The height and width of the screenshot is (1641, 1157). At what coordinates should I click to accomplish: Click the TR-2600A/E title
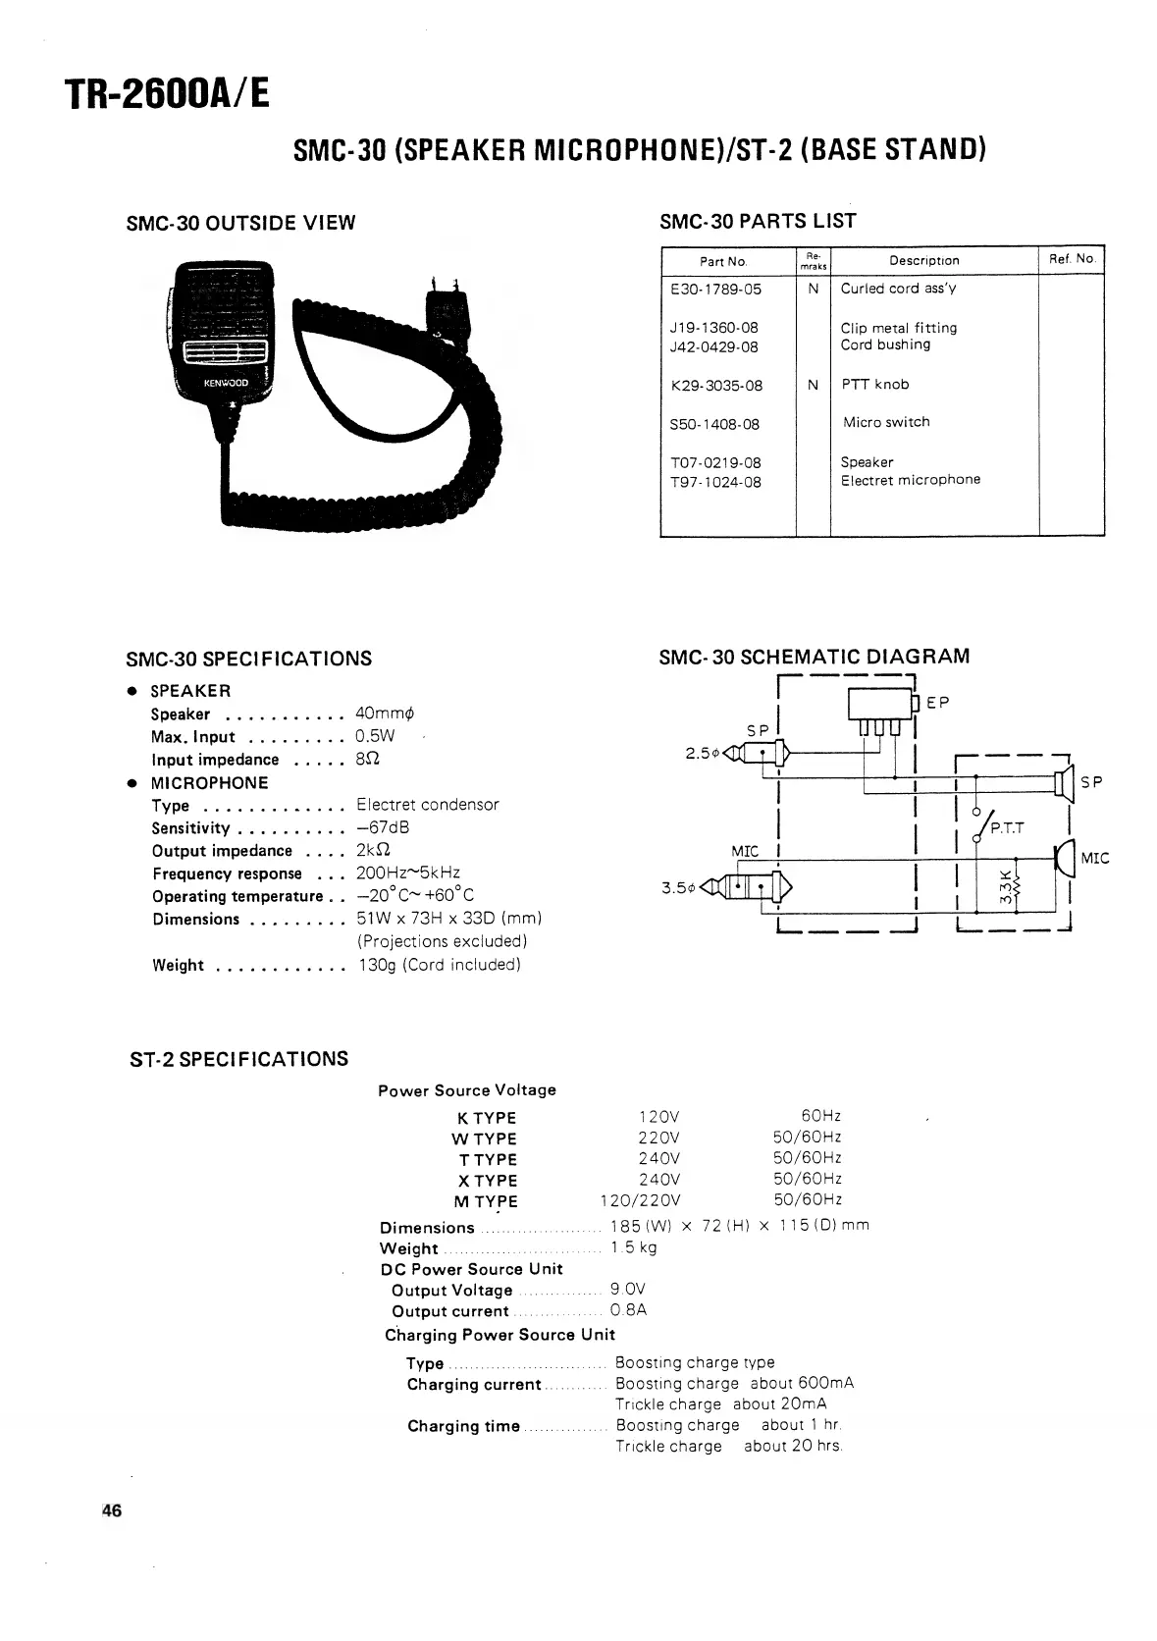point(166,93)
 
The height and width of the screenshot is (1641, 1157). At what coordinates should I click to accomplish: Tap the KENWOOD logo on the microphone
point(226,382)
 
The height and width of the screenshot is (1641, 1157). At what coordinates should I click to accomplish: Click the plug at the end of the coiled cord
point(444,312)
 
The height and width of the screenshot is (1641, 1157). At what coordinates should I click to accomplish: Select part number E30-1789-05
point(715,290)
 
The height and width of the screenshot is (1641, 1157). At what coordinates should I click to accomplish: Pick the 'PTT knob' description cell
point(875,385)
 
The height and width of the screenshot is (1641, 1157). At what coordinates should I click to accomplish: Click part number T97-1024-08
point(715,482)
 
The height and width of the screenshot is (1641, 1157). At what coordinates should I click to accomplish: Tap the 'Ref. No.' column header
point(1071,259)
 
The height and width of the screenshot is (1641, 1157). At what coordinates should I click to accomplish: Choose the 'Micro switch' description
point(886,422)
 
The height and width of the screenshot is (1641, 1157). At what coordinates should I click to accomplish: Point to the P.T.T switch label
point(1007,828)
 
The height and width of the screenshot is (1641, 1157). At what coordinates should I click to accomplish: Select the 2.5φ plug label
point(703,754)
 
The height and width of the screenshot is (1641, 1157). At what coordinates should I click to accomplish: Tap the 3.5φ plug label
point(679,888)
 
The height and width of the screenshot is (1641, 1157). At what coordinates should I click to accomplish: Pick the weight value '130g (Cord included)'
point(439,965)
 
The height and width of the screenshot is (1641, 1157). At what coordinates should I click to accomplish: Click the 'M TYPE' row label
point(485,1201)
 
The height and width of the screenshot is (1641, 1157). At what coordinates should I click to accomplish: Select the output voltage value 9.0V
point(628,1289)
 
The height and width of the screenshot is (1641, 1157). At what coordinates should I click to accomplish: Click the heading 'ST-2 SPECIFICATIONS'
point(238,1059)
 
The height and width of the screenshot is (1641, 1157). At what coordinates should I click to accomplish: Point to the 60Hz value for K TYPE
point(820,1116)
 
